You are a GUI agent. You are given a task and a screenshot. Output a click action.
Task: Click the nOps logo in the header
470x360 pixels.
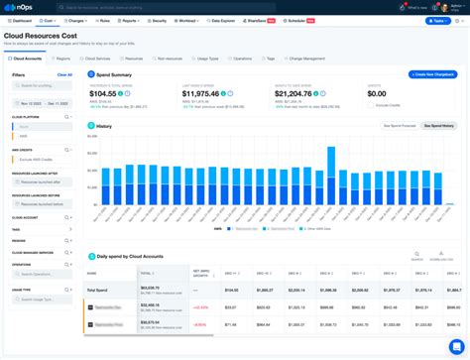[21, 7]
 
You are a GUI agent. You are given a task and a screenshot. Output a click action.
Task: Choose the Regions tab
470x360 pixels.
[61, 59]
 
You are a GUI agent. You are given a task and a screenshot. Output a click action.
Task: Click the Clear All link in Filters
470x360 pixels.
[64, 74]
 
